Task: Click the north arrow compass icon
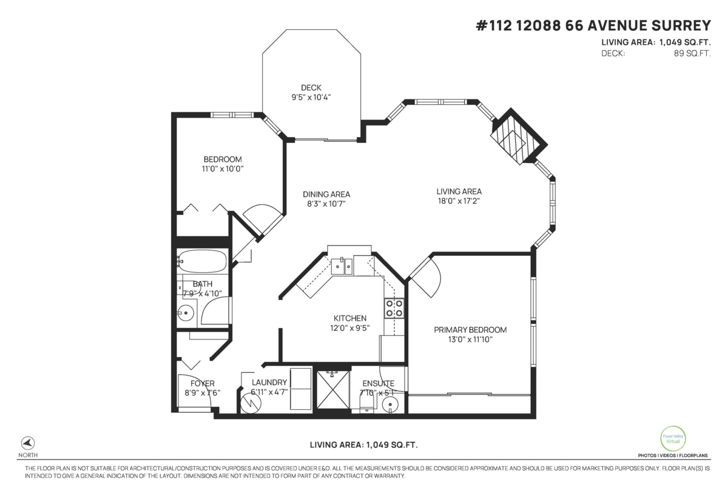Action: [28, 443]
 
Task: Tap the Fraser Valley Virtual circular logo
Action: [673, 438]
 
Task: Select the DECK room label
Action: [311, 88]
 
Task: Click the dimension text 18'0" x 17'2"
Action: [459, 201]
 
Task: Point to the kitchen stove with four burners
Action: [394, 308]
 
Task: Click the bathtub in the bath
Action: [202, 261]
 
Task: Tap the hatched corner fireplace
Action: [518, 136]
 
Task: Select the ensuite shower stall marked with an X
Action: [333, 389]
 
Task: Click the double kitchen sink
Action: [342, 266]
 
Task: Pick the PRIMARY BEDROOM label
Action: [470, 330]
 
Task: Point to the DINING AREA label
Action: [326, 194]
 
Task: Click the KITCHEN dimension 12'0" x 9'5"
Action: [350, 328]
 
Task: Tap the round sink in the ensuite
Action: [390, 405]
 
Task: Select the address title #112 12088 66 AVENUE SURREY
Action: [593, 25]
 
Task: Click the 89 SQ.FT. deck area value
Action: [692, 53]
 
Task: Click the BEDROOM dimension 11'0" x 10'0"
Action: [223, 169]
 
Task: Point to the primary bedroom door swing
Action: [425, 277]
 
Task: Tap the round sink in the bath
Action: [186, 313]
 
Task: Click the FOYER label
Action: [203, 383]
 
